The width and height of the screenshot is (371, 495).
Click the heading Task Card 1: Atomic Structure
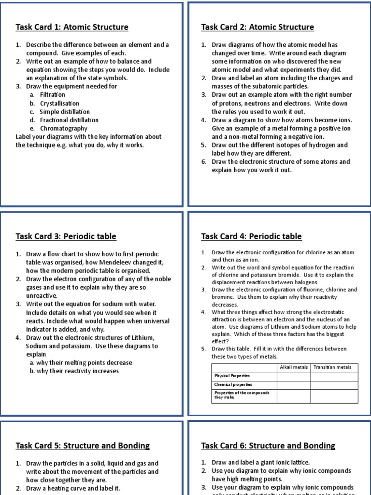[72, 27]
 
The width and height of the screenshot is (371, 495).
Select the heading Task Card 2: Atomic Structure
[257, 27]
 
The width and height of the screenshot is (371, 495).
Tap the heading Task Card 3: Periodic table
[66, 236]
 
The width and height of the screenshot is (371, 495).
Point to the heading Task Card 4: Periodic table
[251, 236]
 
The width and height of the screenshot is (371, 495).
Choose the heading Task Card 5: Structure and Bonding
[83, 446]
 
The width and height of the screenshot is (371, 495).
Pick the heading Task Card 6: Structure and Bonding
[268, 446]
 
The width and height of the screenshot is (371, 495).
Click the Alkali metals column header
[294, 367]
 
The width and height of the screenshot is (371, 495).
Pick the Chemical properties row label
[234, 384]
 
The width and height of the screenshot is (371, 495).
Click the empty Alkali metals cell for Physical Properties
[294, 376]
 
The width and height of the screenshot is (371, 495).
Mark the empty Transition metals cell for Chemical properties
[334, 384]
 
